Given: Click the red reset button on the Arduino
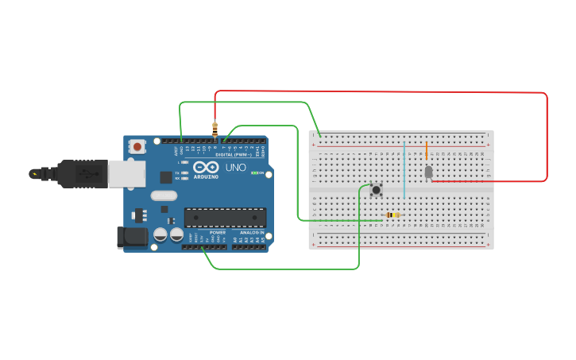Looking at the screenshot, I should [x=138, y=146].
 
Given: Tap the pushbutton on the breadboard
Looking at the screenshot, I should [x=376, y=189].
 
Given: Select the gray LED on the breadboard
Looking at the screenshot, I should [x=428, y=172].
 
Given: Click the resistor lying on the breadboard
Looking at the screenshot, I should [x=392, y=215].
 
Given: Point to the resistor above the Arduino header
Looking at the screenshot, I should [x=215, y=127].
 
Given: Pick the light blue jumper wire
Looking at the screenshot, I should [x=404, y=171].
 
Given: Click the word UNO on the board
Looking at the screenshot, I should [x=236, y=168].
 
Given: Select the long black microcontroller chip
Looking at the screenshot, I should [x=226, y=217].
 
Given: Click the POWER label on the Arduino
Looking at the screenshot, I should [x=217, y=232].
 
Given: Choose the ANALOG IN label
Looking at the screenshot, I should [x=249, y=232].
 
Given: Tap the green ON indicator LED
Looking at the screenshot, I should [x=253, y=172].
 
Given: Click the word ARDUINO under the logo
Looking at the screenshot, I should [x=206, y=176].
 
